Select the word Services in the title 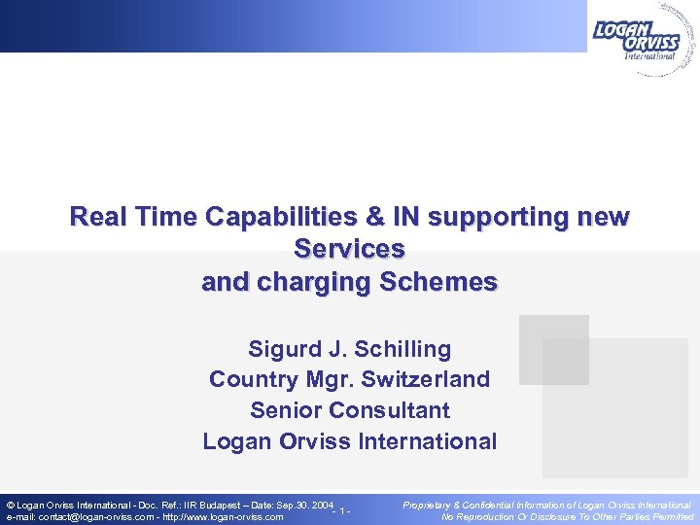349,250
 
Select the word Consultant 388,410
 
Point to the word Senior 283,410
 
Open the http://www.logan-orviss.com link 223,517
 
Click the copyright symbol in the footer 10,506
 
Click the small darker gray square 553,349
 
